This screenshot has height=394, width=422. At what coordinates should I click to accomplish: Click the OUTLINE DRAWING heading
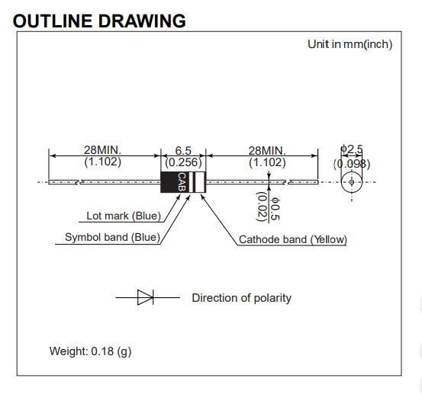point(99,21)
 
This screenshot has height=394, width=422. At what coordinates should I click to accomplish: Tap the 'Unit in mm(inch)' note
point(350,44)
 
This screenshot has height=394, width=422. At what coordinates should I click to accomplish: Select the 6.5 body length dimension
point(183,150)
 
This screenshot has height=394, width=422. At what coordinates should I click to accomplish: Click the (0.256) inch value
point(183,162)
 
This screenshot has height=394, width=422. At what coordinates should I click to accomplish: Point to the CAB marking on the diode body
point(182,182)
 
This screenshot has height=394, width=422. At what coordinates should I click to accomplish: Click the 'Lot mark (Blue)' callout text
point(124,216)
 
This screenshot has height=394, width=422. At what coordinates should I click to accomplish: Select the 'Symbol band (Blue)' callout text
point(112,237)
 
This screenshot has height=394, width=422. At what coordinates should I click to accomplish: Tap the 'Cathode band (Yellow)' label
point(293,239)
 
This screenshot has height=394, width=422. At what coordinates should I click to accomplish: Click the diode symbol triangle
point(145,297)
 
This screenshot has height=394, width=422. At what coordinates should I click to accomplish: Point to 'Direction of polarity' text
point(241,298)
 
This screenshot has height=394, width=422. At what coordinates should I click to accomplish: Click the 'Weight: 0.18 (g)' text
point(90,351)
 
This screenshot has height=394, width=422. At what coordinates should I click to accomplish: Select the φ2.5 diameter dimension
point(352,149)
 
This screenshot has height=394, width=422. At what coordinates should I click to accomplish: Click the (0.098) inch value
point(352,164)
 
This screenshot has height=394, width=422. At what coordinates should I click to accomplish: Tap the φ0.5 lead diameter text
point(275,209)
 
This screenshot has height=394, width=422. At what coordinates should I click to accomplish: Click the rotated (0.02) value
point(262,207)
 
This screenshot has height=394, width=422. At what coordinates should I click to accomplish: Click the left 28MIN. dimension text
point(102,150)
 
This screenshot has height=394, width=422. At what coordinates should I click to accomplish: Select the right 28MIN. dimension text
point(267,151)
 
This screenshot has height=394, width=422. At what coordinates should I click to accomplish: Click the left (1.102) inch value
point(102,162)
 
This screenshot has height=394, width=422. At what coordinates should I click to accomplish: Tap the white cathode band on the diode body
point(200,182)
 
